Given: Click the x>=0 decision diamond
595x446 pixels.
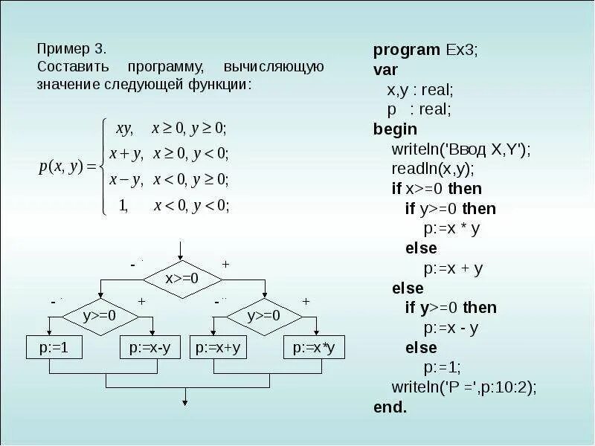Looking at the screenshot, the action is (182, 278).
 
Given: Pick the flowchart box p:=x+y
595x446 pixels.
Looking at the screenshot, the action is (220, 347).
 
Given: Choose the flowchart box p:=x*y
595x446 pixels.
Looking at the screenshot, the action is (314, 347).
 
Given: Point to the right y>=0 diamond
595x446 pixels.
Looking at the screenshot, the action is (263, 315).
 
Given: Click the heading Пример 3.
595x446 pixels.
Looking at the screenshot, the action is (71, 49).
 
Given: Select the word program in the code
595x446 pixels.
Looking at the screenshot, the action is (406, 51).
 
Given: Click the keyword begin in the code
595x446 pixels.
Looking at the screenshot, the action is (395, 129).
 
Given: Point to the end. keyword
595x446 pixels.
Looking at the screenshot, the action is (390, 407).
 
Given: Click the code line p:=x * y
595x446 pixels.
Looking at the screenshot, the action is (452, 228).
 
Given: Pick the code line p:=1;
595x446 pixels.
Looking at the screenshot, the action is (443, 367).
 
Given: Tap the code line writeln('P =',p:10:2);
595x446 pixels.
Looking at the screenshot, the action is (463, 387).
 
